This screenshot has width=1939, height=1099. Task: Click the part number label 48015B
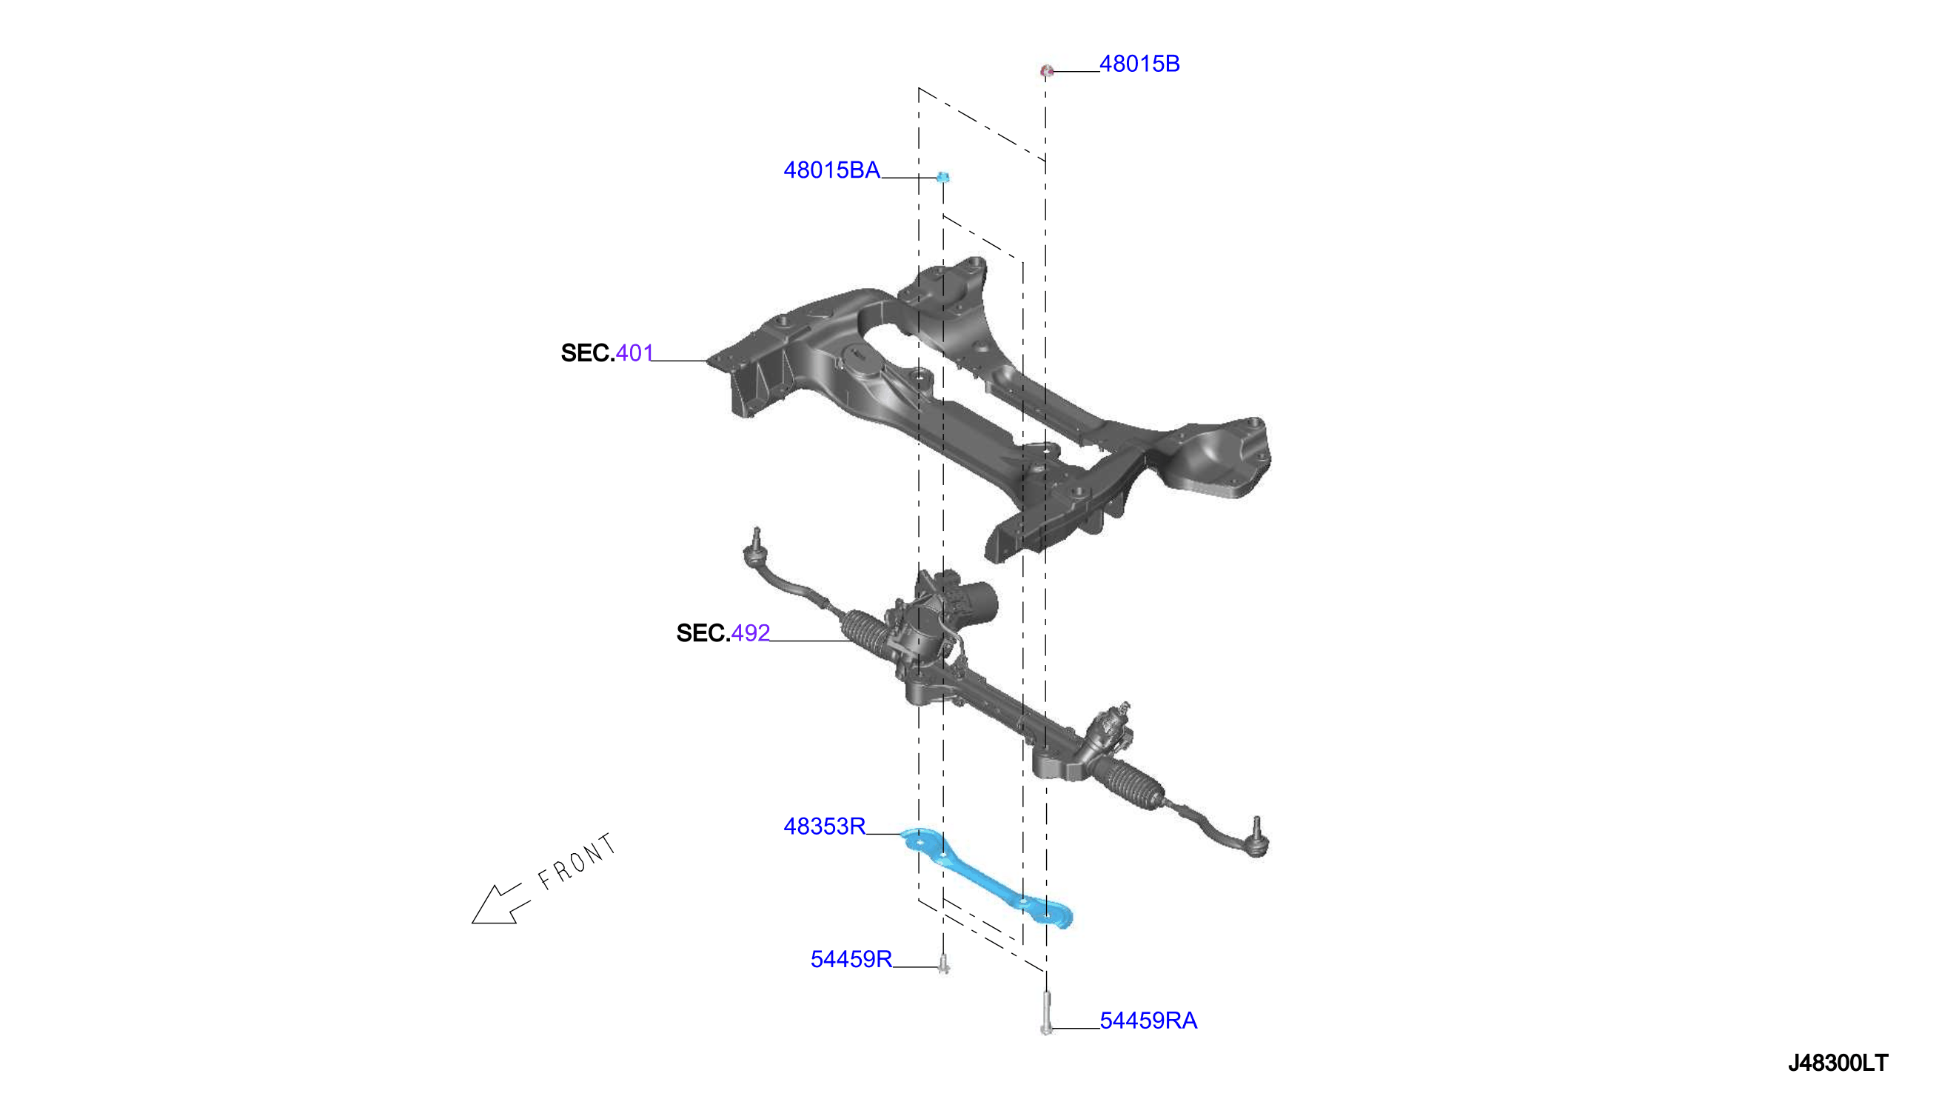pyautogui.click(x=1139, y=64)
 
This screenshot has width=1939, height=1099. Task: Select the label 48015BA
pyautogui.click(x=831, y=170)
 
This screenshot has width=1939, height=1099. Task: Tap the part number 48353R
pyautogui.click(x=824, y=826)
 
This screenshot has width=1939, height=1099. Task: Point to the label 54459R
pyautogui.click(x=851, y=959)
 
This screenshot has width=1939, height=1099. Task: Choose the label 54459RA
pyautogui.click(x=1148, y=1020)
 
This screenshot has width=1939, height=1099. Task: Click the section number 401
pyautogui.click(x=634, y=353)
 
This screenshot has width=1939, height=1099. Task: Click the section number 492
pyautogui.click(x=751, y=633)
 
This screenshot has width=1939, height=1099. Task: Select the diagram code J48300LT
pyautogui.click(x=1838, y=1063)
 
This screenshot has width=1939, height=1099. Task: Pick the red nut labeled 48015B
pyautogui.click(x=1046, y=71)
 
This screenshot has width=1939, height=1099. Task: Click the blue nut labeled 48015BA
pyautogui.click(x=942, y=178)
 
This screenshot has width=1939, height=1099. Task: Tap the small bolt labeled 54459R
pyautogui.click(x=943, y=964)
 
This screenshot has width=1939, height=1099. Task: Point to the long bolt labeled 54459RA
pyautogui.click(x=1045, y=1014)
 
